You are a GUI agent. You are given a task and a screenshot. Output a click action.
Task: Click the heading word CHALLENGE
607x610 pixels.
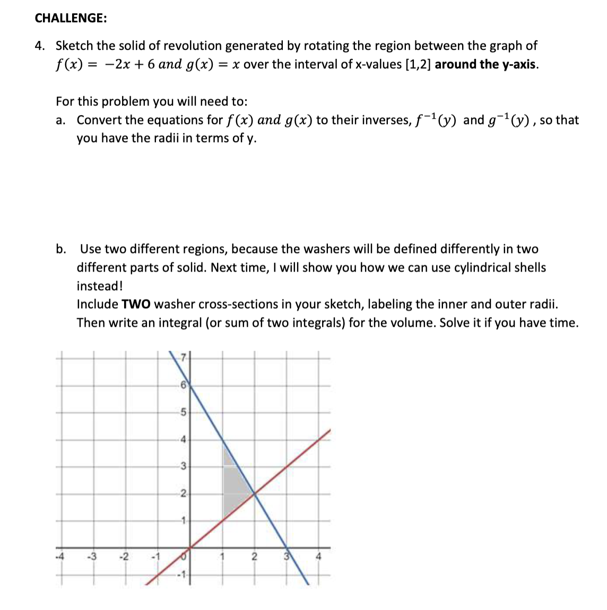coord(70,18)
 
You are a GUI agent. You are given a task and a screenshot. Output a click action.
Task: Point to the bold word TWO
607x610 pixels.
coord(136,304)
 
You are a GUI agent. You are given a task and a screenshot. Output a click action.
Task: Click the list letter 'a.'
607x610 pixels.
coord(60,120)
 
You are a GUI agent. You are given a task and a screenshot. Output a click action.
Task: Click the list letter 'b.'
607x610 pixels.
coord(62,249)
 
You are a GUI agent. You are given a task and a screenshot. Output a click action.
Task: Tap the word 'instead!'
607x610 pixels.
coord(100,286)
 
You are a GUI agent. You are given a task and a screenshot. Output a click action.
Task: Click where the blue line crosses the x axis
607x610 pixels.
coord(287,548)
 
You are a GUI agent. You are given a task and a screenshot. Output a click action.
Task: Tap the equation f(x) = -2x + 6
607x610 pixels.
coord(106,65)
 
